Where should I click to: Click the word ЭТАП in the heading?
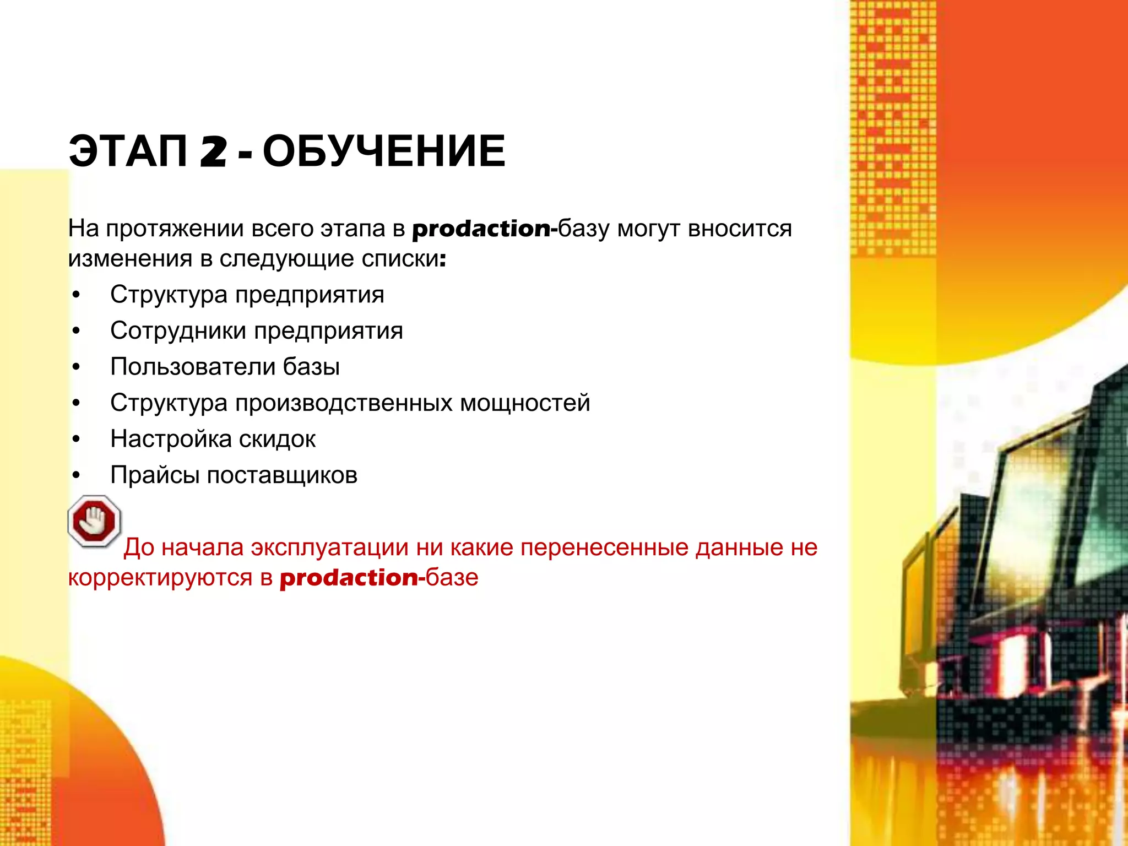[128, 151]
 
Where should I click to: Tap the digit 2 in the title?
[213, 152]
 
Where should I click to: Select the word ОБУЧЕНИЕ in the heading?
[384, 151]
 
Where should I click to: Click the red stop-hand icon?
[94, 521]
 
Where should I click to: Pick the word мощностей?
[525, 403]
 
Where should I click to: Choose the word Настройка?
[171, 439]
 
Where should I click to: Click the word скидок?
[277, 439]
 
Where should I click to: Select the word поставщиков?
[282, 475]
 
